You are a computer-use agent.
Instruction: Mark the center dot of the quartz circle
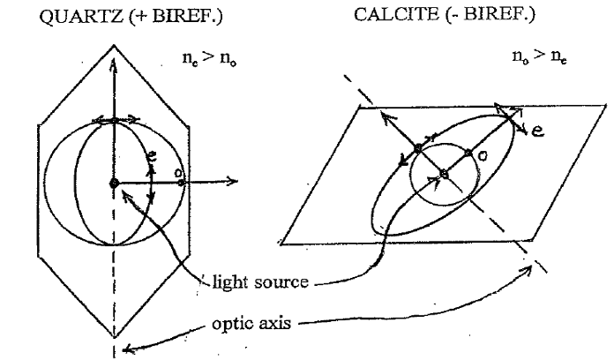(x=114, y=183)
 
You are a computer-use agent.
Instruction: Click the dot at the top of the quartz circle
(x=115, y=120)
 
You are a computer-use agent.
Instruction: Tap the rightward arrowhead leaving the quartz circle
(x=234, y=183)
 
